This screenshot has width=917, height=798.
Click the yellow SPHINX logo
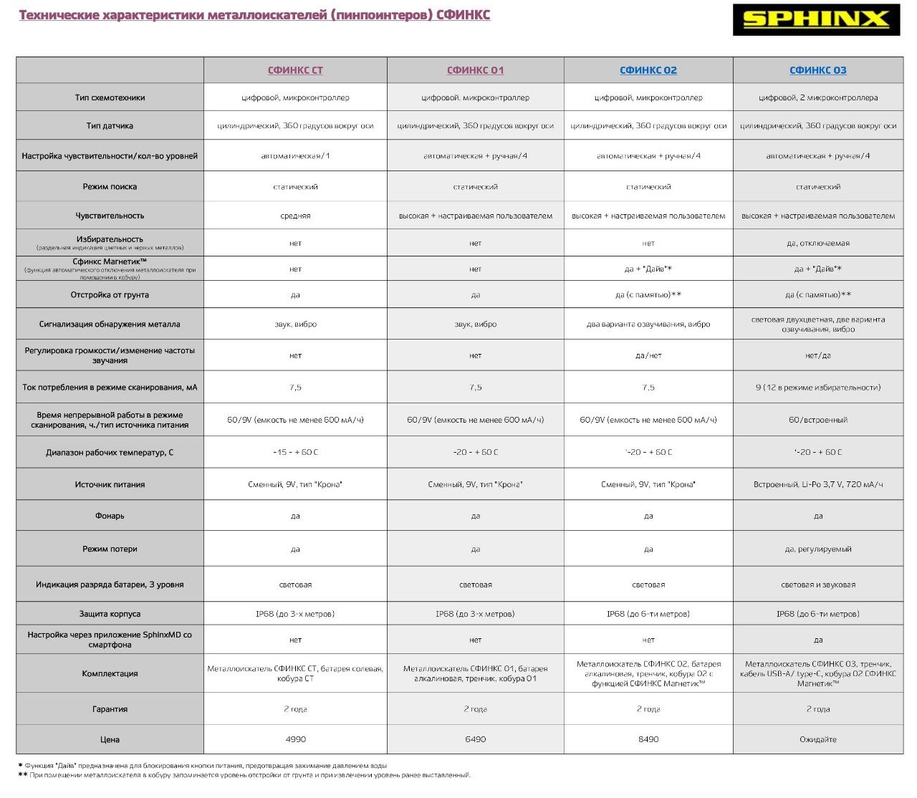[816, 20]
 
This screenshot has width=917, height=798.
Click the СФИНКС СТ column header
[295, 70]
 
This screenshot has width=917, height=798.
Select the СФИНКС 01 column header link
[475, 70]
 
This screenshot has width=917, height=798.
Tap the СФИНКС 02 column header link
[648, 70]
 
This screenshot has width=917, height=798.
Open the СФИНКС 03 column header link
[817, 70]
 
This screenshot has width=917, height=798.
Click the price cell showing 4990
[295, 739]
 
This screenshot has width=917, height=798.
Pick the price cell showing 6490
[475, 739]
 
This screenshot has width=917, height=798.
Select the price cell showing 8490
[648, 739]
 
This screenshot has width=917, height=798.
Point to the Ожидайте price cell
[817, 739]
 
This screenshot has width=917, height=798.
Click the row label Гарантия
[110, 709]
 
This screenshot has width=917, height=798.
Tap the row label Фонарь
[110, 516]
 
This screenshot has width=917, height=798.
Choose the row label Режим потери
[110, 549]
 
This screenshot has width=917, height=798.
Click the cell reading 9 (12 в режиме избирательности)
[817, 388]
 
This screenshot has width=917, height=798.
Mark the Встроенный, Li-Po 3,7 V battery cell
[817, 485]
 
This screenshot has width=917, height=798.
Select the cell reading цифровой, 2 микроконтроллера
[817, 97]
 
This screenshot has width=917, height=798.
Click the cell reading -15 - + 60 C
[295, 453]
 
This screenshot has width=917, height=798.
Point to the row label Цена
[110, 739]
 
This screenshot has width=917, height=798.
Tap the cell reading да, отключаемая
[817, 244]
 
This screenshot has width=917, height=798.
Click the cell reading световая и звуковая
[817, 585]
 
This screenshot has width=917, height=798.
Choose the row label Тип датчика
[110, 126]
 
